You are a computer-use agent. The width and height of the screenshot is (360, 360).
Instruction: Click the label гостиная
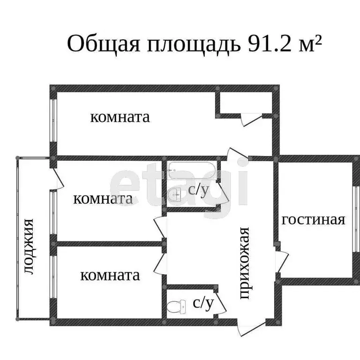pos(313,219)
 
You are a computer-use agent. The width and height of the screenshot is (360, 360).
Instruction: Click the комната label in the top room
pos(120,117)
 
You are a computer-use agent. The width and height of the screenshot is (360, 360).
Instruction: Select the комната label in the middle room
pos(103,199)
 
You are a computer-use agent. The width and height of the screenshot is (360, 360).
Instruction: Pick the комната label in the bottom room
pos(110,275)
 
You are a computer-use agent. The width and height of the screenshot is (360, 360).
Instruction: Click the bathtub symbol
pos(192,167)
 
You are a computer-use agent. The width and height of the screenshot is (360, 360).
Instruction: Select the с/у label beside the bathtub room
pos(198,189)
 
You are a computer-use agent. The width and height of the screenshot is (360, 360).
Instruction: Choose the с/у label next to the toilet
pos(203,303)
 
